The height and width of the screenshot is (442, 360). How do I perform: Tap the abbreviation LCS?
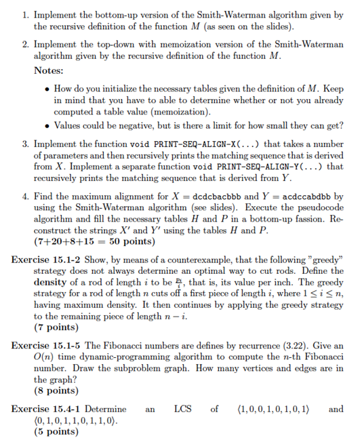182,409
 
